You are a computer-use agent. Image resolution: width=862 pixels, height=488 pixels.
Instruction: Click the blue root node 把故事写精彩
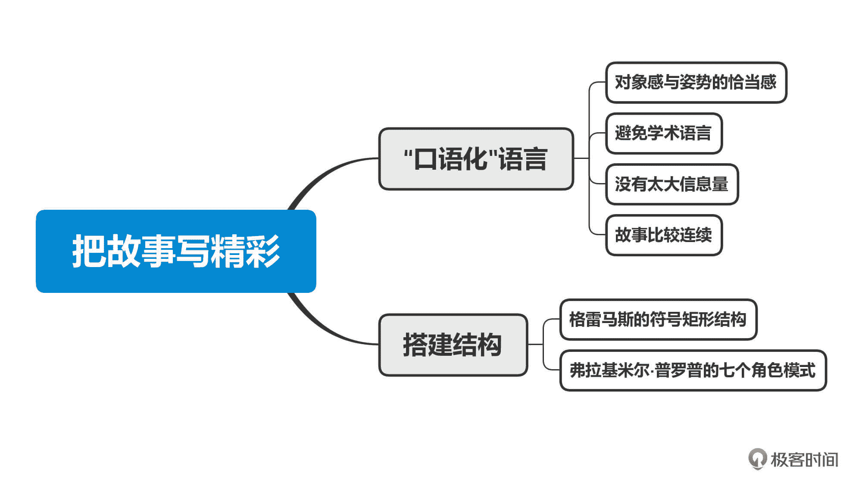point(176,251)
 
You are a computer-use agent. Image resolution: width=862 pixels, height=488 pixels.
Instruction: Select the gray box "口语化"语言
point(476,159)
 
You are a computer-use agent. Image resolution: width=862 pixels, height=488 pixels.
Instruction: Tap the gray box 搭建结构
point(453,345)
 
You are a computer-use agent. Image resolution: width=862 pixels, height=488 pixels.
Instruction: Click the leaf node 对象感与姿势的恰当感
point(696,82)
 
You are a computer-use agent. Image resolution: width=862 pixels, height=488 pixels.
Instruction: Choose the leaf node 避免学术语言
point(663,133)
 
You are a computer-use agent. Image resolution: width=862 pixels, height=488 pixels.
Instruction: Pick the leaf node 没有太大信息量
point(671,184)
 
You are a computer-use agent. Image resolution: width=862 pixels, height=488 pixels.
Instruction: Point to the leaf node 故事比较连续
point(663,235)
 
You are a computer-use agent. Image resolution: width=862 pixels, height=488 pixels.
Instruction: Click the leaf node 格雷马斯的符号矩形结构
point(658,319)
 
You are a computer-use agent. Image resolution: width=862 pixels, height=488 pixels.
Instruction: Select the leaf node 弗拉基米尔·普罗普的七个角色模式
point(693,370)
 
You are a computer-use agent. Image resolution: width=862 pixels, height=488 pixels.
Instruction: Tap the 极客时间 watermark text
point(804,460)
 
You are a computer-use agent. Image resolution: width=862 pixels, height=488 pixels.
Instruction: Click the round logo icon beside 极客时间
point(757,458)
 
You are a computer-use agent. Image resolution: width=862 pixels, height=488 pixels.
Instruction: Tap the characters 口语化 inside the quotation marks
point(450,159)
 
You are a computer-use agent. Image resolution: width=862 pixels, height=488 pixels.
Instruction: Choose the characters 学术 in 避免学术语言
point(663,133)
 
